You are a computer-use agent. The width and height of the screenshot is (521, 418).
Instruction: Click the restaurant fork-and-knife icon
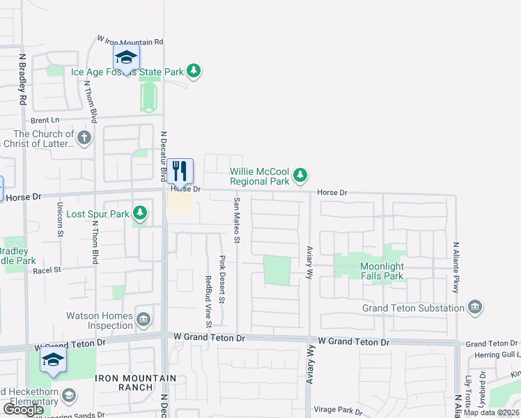point(180,171)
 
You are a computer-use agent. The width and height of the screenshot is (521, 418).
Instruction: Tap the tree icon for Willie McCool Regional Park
point(300,175)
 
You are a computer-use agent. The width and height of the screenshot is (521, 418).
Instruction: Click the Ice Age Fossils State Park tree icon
point(194,72)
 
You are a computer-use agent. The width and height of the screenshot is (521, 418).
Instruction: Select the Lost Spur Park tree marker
point(140,212)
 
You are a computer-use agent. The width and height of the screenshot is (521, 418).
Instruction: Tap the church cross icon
point(85,137)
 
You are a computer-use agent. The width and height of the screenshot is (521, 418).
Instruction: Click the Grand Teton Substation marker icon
point(474,307)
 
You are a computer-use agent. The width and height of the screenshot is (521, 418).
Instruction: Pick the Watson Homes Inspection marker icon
point(143,320)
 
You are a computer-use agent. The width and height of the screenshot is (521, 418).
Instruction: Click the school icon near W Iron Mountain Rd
point(126,57)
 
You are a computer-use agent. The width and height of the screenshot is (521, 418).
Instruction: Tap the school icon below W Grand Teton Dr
point(52,360)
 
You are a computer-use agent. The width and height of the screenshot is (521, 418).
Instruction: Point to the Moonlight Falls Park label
point(382,271)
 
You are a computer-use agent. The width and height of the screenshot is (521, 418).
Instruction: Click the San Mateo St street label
point(237,221)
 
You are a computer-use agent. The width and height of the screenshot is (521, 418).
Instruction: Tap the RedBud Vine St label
point(208,301)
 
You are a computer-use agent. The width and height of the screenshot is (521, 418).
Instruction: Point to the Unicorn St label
point(60,219)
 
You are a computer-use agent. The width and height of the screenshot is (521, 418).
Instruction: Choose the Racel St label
point(47,269)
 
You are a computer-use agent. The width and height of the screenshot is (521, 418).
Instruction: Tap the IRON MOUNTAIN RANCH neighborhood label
point(124,382)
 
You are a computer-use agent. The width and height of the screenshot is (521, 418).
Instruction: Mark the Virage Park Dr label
point(339,410)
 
